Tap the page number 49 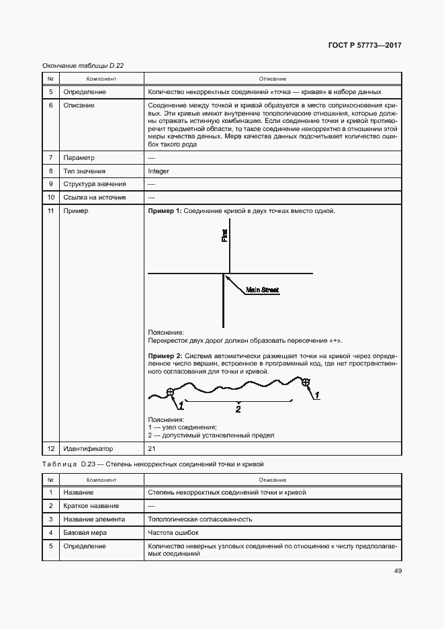[398, 571]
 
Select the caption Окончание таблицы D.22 [83, 65]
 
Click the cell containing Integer [159, 171]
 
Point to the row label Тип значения [84, 171]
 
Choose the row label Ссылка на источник [93, 198]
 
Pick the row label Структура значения [94, 184]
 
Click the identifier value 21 [152, 448]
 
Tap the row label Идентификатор [88, 448]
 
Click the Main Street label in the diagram [262, 290]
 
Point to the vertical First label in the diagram [225, 235]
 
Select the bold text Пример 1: [165, 211]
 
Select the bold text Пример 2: [165, 354]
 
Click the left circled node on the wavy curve [170, 392]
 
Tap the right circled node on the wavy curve [306, 383]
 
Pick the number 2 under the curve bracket [237, 408]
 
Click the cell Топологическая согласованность [199, 519]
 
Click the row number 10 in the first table [50, 198]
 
